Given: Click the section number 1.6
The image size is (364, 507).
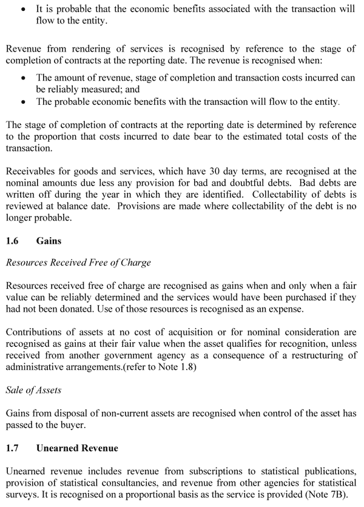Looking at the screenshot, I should coord(12,241).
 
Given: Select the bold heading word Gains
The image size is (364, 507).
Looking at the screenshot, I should coord(49,241).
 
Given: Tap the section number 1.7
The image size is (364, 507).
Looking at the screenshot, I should coord(12,448).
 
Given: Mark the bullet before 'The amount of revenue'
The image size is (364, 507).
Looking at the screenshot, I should coord(23,78).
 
